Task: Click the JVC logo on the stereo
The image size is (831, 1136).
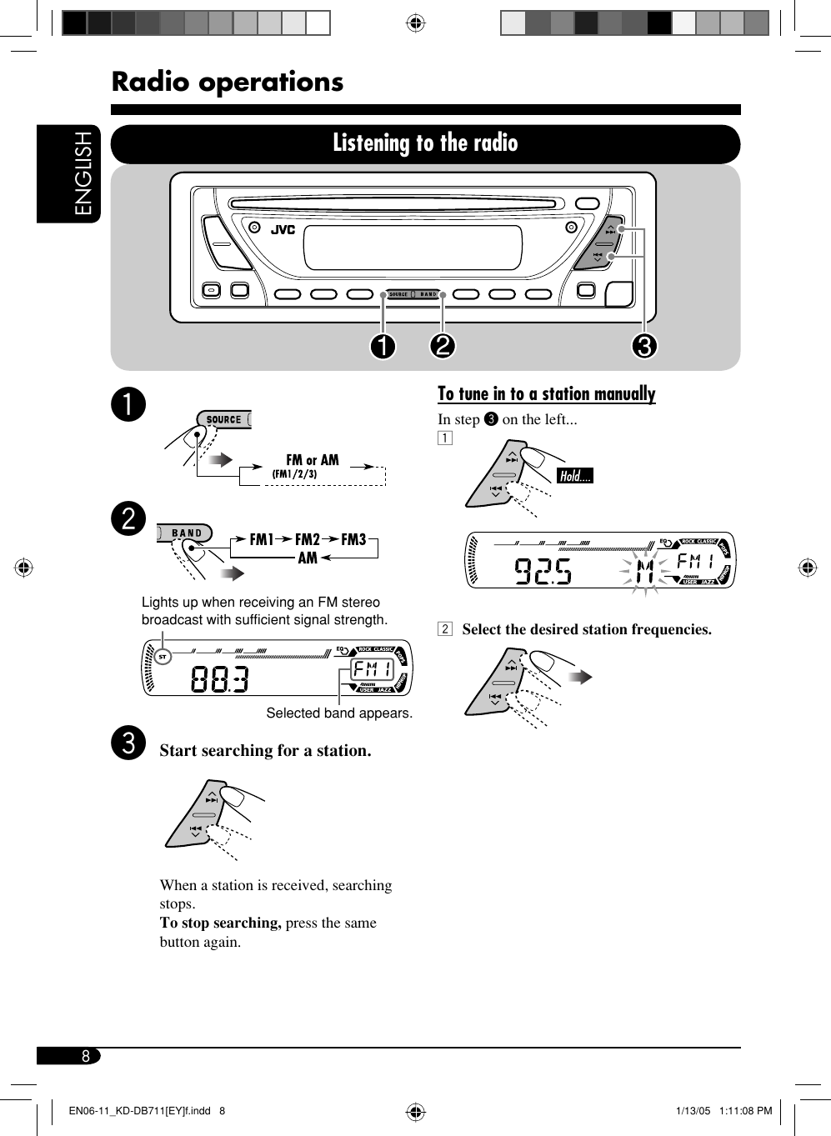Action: (x=283, y=230)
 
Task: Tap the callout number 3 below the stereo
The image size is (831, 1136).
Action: (x=643, y=345)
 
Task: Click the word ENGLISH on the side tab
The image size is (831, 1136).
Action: (x=84, y=173)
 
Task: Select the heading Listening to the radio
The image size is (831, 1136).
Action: (x=425, y=143)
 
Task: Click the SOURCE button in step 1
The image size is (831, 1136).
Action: (x=223, y=420)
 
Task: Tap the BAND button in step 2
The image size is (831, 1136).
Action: (x=187, y=533)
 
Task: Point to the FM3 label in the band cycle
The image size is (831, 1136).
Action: (x=353, y=539)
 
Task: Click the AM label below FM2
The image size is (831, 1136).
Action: (x=308, y=558)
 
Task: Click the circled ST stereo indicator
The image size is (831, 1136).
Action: (x=163, y=657)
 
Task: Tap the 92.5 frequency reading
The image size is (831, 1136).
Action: (x=543, y=571)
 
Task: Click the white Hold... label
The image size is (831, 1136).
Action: (x=574, y=476)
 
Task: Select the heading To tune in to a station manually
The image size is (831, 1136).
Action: (x=547, y=393)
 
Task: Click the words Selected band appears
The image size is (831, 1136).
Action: (x=339, y=713)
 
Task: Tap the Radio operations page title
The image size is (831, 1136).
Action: (x=228, y=82)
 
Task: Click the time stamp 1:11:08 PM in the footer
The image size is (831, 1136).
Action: (x=745, y=1111)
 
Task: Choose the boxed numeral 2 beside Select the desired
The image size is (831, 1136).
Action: (x=445, y=629)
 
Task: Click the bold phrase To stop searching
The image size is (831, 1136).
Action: (x=220, y=923)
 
